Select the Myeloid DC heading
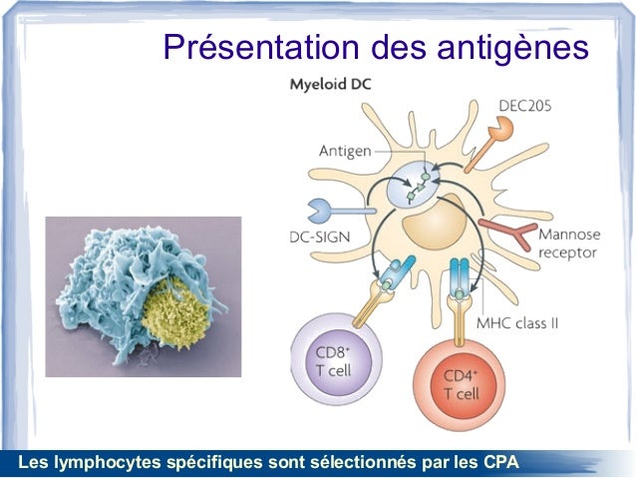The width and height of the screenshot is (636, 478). click(x=330, y=85)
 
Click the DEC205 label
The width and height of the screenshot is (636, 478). click(x=525, y=104)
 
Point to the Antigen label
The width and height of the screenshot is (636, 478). click(x=345, y=151)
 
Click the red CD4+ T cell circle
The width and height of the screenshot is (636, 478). click(x=461, y=384)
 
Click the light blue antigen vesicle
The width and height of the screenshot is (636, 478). click(x=414, y=186)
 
